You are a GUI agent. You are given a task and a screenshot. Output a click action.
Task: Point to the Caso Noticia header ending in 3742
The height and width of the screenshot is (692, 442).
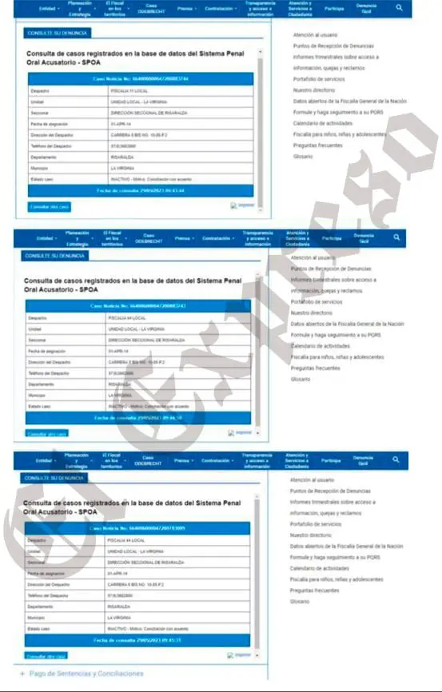138,306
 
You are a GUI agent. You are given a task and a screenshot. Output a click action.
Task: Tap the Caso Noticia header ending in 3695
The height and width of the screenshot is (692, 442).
137,529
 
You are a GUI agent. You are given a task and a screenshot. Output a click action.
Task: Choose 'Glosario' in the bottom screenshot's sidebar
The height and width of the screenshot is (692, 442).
300,601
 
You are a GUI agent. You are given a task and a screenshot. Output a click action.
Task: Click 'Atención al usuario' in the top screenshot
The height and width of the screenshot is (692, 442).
317,36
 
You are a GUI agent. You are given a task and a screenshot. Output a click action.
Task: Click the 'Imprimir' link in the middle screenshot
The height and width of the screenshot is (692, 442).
242,432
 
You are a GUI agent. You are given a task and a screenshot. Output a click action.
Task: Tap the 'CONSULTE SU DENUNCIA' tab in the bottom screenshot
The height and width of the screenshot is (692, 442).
56,479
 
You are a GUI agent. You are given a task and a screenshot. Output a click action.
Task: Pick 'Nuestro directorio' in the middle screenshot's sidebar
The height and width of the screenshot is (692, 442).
313,314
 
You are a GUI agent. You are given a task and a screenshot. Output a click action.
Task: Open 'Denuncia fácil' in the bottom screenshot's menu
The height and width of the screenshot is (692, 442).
364,461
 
